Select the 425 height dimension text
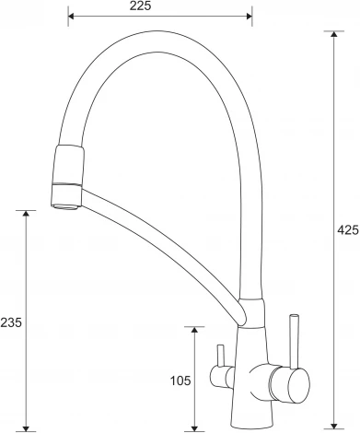(348, 229)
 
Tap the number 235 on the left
(11, 322)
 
